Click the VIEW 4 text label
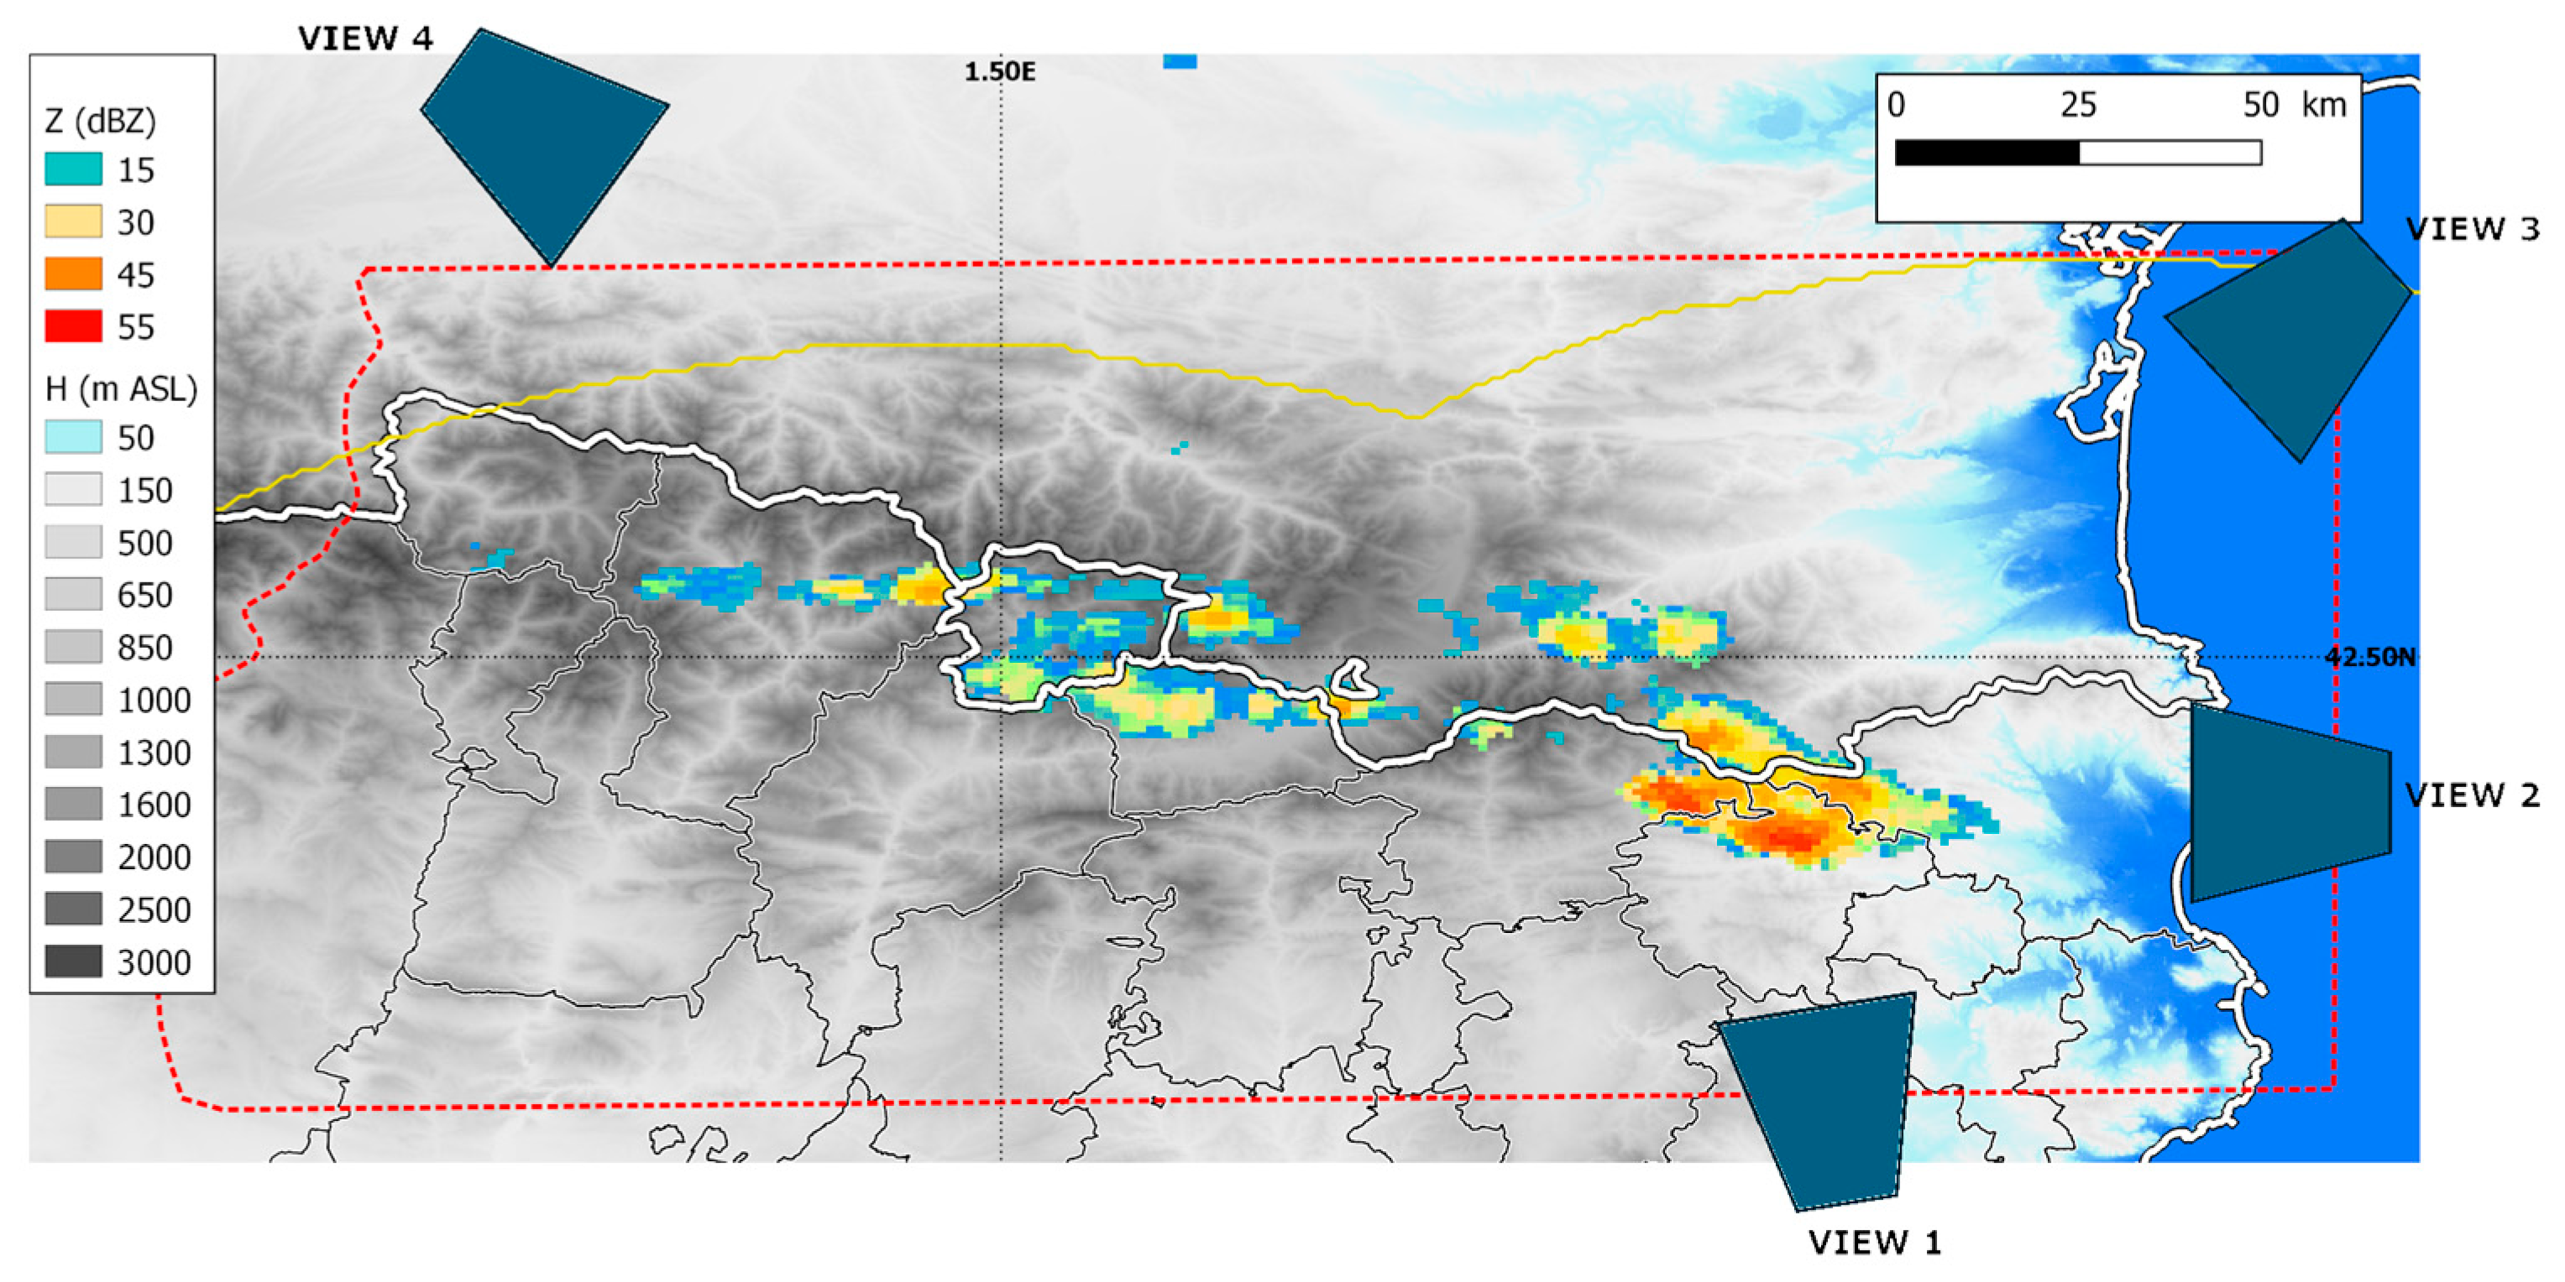pos(365,39)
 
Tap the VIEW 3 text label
pos(2473,229)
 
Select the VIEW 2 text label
pos(2473,795)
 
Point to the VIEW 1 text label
pos(1874,1243)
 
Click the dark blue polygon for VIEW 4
pos(542,139)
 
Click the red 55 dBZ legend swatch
pos(73,326)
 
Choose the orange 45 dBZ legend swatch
pos(73,274)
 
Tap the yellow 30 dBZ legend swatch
pos(73,221)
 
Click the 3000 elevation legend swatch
pos(73,961)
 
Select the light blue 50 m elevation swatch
pos(73,437)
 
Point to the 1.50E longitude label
pos(1000,71)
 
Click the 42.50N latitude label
pos(2370,657)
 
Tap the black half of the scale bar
pos(1987,153)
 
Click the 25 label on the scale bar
pos(2078,105)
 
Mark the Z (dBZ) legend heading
pos(101,122)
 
